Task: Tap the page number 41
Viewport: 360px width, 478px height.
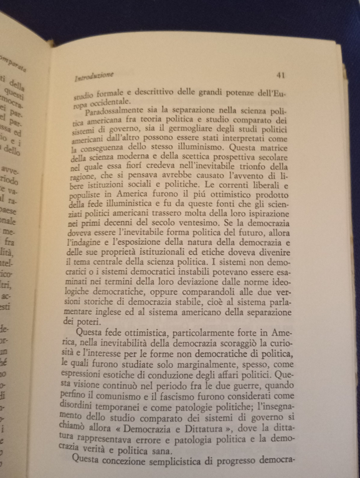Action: (280, 75)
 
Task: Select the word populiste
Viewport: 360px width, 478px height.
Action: (87, 194)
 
